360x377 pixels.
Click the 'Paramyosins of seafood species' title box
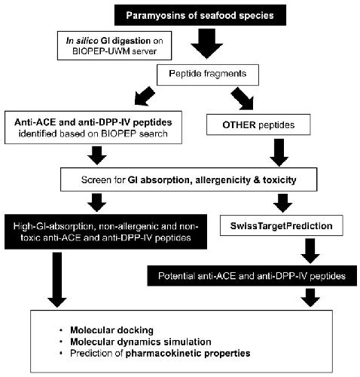pyautogui.click(x=200, y=15)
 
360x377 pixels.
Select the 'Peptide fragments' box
pyautogui.click(x=208, y=75)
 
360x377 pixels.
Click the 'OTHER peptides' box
pyautogui.click(x=258, y=124)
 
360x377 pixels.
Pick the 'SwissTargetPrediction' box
pyautogui.click(x=282, y=225)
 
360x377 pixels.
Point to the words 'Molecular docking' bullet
pyautogui.click(x=111, y=330)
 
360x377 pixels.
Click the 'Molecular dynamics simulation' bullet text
pyautogui.click(x=141, y=342)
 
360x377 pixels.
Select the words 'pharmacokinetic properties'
pyautogui.click(x=188, y=353)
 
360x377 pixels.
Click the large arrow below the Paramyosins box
pyautogui.click(x=206, y=44)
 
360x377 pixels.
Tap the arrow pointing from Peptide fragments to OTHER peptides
pyautogui.click(x=243, y=99)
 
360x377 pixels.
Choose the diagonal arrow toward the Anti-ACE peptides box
pyautogui.click(x=145, y=96)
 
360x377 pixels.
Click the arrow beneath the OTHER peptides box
pyautogui.click(x=279, y=152)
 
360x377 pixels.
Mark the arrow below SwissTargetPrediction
pyautogui.click(x=310, y=250)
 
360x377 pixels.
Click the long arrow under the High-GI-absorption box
pyautogui.click(x=57, y=280)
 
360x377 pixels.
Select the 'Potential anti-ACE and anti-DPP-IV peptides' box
pyautogui.click(x=252, y=276)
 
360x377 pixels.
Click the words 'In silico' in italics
pyautogui.click(x=82, y=41)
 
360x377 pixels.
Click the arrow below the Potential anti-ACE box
pyautogui.click(x=310, y=298)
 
